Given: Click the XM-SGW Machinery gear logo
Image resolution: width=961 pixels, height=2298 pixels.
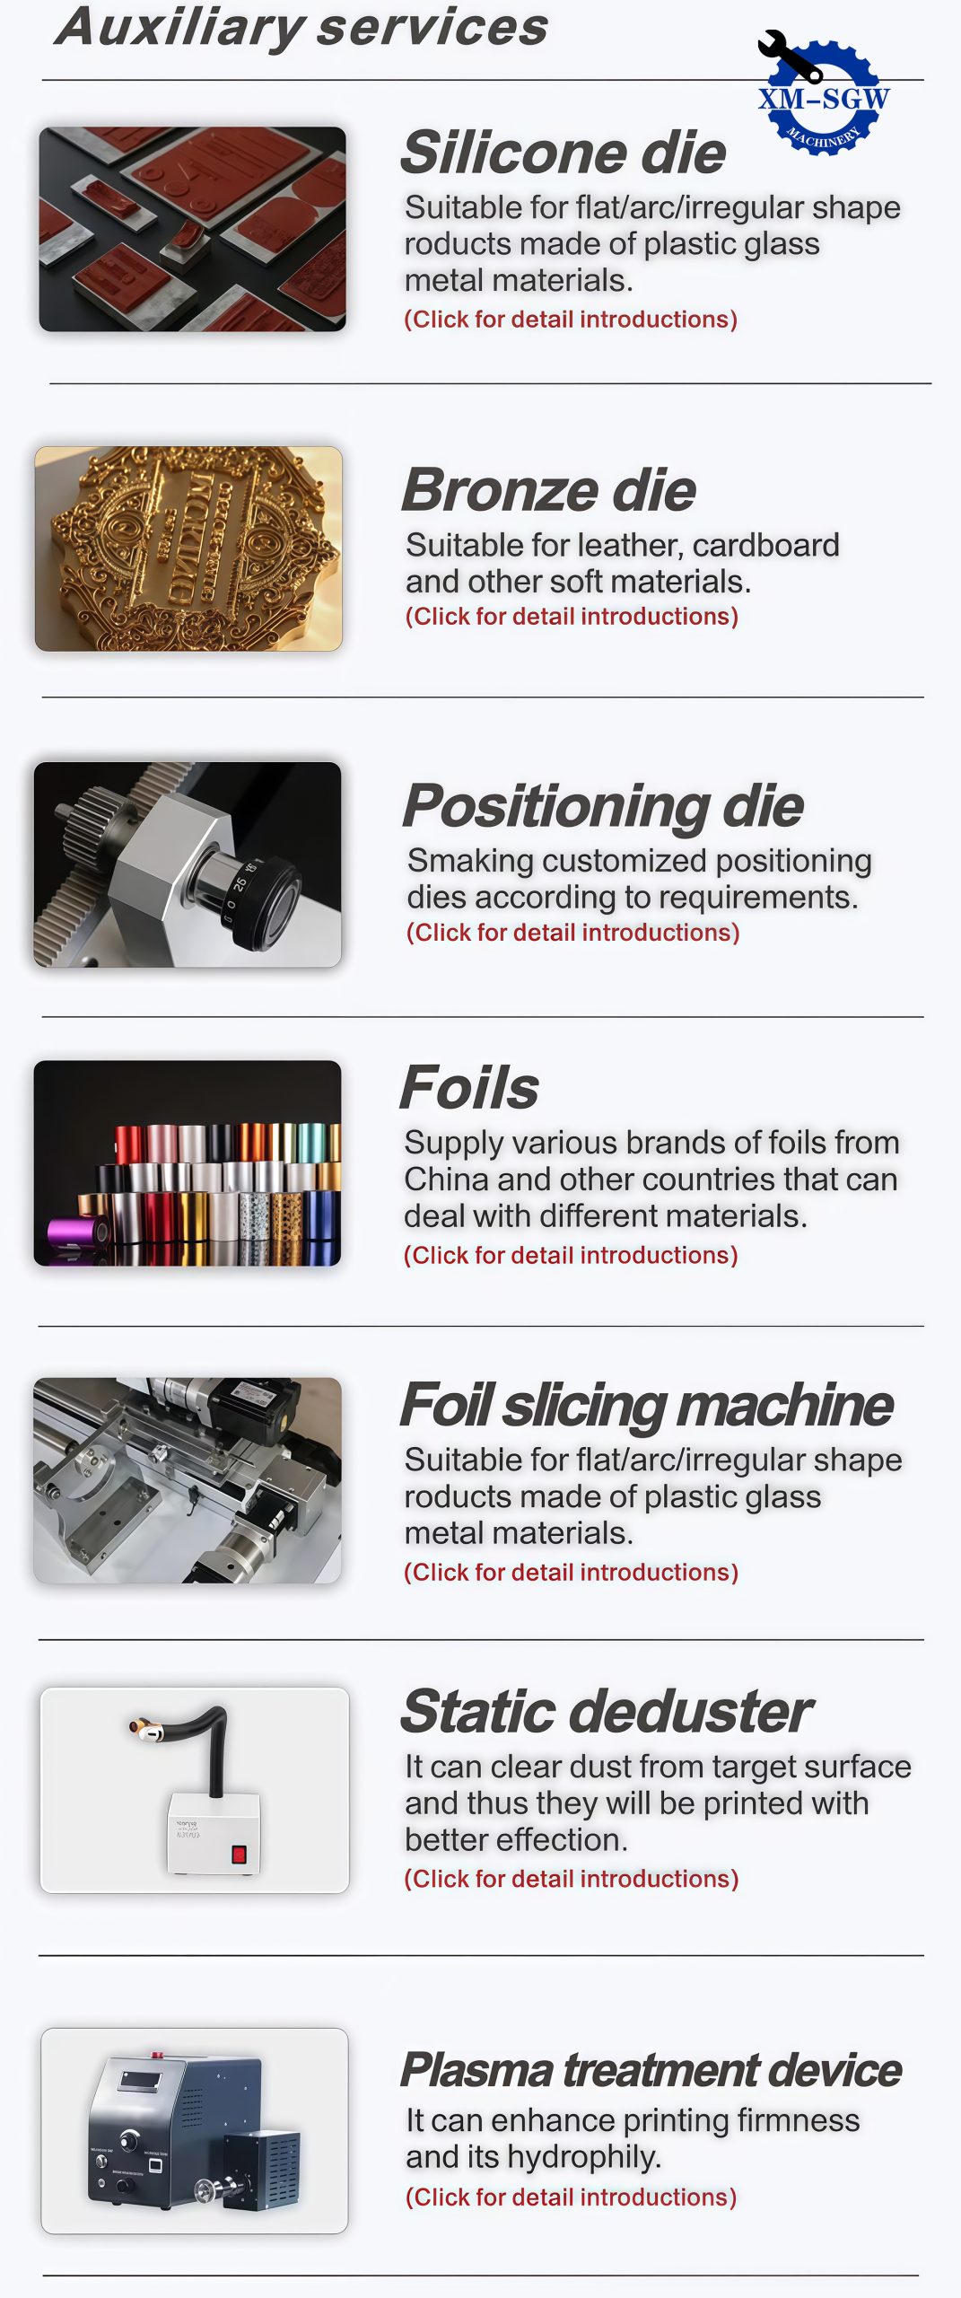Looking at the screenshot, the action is [x=823, y=94].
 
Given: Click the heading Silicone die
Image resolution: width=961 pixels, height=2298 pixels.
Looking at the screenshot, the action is [x=563, y=152].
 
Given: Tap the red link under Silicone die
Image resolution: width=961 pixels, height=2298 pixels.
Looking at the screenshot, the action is [x=571, y=320].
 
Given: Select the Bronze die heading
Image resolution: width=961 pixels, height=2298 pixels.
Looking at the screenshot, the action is [x=549, y=490].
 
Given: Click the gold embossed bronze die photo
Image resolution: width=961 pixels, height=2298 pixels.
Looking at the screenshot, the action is [x=188, y=548].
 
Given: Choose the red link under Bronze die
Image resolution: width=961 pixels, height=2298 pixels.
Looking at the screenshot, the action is [x=572, y=617].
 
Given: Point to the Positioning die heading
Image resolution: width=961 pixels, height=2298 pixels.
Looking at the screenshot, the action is [x=603, y=805].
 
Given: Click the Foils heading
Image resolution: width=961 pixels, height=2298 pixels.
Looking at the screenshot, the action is [x=469, y=1087].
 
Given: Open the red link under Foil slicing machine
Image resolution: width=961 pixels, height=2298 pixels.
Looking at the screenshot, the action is [x=572, y=1573].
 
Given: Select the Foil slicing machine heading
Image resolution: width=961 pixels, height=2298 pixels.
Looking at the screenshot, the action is [x=647, y=1405].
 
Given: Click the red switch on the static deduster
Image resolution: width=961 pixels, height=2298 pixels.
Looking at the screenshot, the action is [x=239, y=1855].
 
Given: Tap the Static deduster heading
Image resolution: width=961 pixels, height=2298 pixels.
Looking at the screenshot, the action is [x=607, y=1711].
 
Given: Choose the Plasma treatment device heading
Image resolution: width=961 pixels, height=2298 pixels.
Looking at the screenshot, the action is [x=651, y=2070].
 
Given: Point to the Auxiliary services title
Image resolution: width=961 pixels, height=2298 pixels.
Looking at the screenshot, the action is [x=301, y=27].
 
